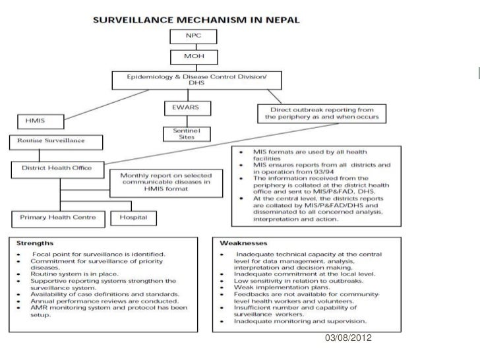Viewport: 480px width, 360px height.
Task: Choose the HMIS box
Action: [x=40, y=121]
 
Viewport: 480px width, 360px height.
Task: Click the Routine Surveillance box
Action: [x=55, y=140]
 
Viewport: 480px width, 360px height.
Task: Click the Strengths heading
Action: [x=31, y=242]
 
